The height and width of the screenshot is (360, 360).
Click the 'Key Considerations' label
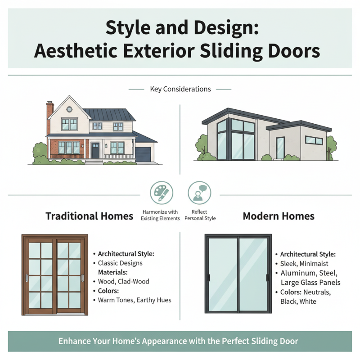point(180,89)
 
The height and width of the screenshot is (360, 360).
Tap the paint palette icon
point(161,192)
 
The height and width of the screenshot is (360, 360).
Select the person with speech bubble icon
point(199,192)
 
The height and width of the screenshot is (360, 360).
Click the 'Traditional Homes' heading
point(89,216)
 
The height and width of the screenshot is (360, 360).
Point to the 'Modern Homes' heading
point(279,216)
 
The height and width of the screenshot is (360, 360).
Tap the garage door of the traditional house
point(144,153)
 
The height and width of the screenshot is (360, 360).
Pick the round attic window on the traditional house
point(69,109)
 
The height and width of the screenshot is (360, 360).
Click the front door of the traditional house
point(95,150)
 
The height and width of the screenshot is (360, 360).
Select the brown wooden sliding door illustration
point(55,274)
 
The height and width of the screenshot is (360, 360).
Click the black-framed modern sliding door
point(238,274)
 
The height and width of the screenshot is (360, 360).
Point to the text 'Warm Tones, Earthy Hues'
point(135,300)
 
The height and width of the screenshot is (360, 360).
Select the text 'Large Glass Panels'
point(310,283)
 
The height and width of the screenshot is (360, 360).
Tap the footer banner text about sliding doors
point(180,341)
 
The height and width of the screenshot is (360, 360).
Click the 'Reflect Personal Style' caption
point(199,215)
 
